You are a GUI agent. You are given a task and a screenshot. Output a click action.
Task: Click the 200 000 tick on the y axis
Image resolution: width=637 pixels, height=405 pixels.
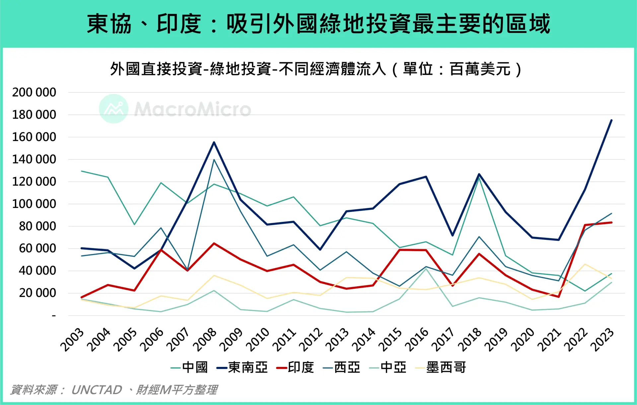pyautogui.click(x=34, y=92)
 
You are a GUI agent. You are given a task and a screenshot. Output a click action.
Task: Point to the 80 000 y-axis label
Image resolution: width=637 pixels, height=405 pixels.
pyautogui.click(x=37, y=226)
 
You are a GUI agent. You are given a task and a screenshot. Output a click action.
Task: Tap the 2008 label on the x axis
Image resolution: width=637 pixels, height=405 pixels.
pyautogui.click(x=205, y=339)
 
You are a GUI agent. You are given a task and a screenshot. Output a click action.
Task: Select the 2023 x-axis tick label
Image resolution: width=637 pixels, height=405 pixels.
pyautogui.click(x=603, y=339)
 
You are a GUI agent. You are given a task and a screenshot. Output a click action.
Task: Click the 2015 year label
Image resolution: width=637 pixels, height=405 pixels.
pyautogui.click(x=390, y=339)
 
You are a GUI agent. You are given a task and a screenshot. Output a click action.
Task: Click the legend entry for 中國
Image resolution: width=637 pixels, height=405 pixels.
pyautogui.click(x=189, y=367)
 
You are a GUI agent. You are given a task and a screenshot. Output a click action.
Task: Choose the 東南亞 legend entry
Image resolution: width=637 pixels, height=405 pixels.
pyautogui.click(x=243, y=367)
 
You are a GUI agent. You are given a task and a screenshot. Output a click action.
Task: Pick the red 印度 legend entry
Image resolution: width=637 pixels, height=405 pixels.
pyautogui.click(x=295, y=367)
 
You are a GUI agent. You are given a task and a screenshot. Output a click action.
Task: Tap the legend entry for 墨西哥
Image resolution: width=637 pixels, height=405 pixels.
pyautogui.click(x=441, y=367)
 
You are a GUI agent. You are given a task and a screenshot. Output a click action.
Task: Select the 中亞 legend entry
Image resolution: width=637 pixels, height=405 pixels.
pyautogui.click(x=388, y=367)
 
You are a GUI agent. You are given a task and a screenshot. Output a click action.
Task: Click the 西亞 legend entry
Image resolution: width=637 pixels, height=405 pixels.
pyautogui.click(x=342, y=367)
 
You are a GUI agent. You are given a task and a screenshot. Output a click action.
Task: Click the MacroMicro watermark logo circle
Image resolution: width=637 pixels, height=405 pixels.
pyautogui.click(x=113, y=109)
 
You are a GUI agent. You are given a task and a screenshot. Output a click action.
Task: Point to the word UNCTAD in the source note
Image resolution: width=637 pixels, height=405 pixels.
pyautogui.click(x=97, y=390)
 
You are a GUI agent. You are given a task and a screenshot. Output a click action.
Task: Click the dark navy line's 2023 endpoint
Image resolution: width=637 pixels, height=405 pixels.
pyautogui.click(x=611, y=120)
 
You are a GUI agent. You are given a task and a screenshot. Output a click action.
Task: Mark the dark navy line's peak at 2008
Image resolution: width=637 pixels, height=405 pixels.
pyautogui.click(x=214, y=142)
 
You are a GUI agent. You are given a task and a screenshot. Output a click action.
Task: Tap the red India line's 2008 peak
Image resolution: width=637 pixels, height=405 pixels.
pyautogui.click(x=214, y=243)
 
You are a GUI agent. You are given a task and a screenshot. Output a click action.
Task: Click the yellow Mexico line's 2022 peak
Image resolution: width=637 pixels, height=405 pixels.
pyautogui.click(x=585, y=264)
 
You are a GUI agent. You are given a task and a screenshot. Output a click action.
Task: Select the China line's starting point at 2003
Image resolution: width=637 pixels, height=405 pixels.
pyautogui.click(x=82, y=171)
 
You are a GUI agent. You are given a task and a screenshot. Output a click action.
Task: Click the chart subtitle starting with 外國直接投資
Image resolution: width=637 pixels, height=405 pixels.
pyautogui.click(x=316, y=69)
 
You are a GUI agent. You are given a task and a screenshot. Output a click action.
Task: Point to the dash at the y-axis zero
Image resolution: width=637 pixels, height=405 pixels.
pyautogui.click(x=54, y=316)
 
